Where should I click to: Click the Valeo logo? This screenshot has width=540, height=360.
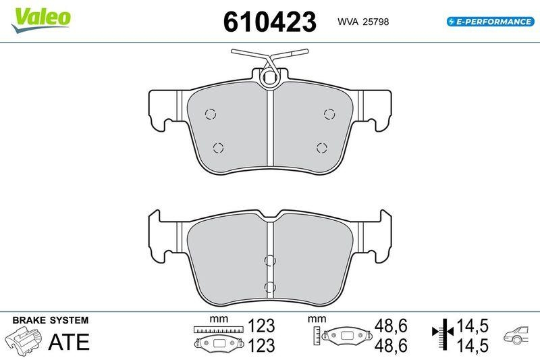[x=41, y=20]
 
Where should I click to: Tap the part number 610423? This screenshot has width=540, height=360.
[x=269, y=22]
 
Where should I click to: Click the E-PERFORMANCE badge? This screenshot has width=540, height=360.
[x=491, y=22]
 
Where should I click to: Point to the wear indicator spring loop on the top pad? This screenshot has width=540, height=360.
[x=269, y=78]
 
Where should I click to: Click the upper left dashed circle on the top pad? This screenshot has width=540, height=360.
[x=211, y=113]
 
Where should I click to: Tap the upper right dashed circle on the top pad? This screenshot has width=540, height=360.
[x=329, y=113]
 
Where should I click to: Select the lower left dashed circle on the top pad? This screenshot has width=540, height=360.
[x=218, y=148]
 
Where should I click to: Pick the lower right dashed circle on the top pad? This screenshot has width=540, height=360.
[x=322, y=148]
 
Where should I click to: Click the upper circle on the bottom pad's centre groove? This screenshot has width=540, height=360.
[x=269, y=261]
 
